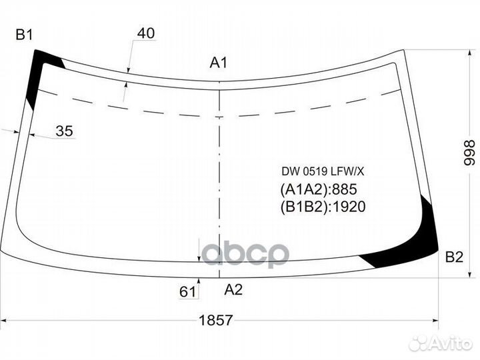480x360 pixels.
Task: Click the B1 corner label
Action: (x=24, y=35)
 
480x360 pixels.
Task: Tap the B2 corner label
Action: (x=454, y=257)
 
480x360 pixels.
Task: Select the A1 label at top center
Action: (x=219, y=63)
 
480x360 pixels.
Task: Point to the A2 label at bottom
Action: (x=233, y=289)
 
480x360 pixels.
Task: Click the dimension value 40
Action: (x=146, y=33)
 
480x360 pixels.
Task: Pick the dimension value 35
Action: (x=64, y=131)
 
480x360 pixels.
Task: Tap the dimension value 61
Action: (x=187, y=292)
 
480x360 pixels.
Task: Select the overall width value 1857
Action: (x=216, y=321)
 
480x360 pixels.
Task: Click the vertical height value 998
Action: (x=469, y=153)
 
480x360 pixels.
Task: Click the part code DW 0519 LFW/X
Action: (x=323, y=172)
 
